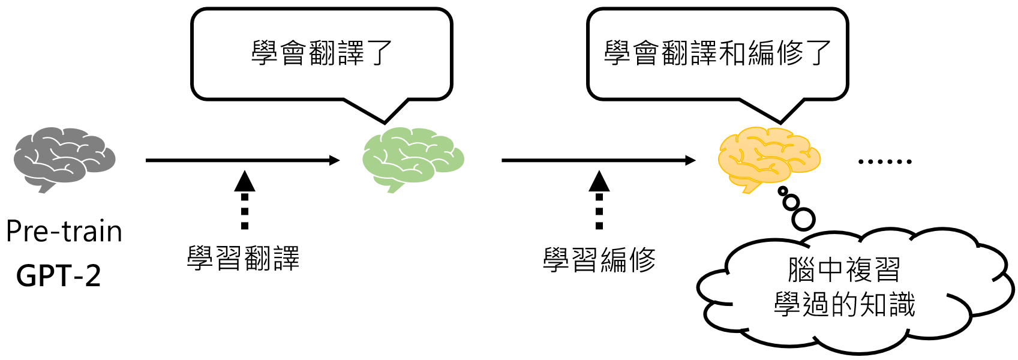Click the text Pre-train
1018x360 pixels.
(64, 232)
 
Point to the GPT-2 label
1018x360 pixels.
(59, 275)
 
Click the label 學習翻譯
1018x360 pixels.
(243, 259)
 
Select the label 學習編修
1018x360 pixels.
(599, 260)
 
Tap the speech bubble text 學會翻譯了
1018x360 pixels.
(322, 53)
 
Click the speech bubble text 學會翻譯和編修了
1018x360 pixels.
(717, 53)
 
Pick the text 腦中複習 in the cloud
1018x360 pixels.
(844, 269)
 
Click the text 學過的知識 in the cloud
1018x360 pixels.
(844, 305)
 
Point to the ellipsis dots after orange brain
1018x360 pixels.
(885, 161)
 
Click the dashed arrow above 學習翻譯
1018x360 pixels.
(244, 200)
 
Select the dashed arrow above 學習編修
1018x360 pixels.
(599, 200)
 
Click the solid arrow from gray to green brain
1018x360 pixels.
(242, 160)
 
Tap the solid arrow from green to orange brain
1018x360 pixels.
(598, 160)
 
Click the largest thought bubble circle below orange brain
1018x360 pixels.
(803, 219)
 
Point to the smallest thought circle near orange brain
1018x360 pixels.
(782, 191)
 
